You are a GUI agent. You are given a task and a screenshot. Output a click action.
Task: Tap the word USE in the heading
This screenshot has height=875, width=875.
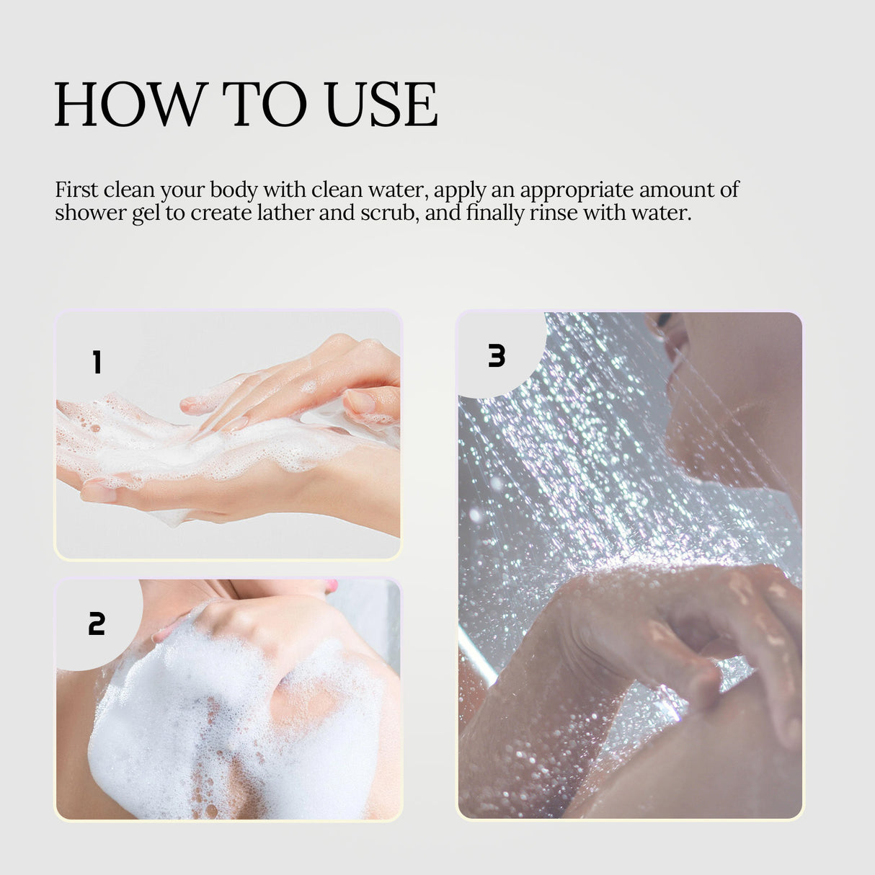381,105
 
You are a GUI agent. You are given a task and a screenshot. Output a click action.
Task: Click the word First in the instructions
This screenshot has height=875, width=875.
76,190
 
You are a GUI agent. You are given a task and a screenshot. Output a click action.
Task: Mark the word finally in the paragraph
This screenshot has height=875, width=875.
494,213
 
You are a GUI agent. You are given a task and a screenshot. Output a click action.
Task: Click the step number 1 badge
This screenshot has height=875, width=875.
97,362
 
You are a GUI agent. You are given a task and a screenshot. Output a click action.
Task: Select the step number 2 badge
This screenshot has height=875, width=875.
97,623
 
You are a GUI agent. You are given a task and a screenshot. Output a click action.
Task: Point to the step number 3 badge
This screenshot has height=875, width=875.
497,356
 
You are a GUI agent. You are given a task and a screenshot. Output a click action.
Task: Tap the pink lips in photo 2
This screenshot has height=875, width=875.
331,585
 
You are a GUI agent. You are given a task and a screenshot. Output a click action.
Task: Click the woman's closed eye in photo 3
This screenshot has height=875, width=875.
662,319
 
